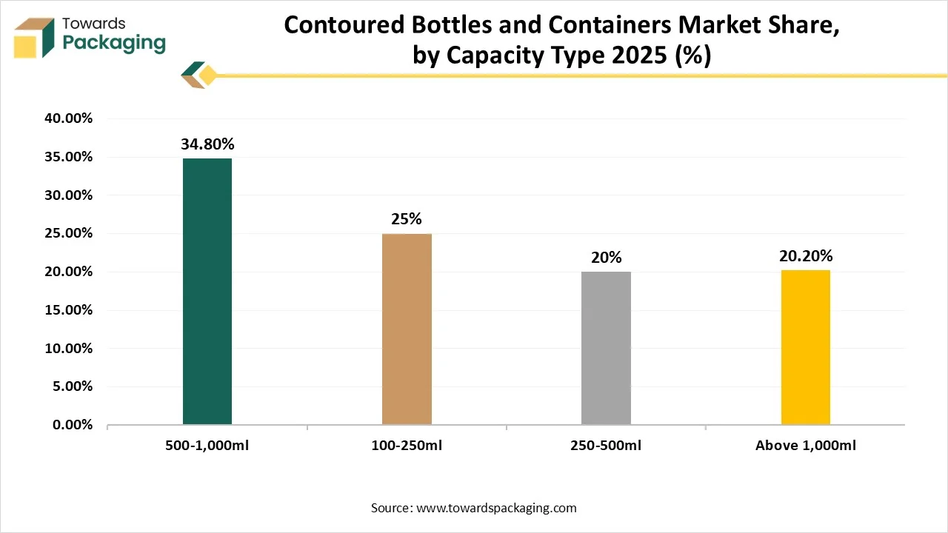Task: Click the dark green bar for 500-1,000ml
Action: (x=207, y=292)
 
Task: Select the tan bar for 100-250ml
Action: (x=407, y=329)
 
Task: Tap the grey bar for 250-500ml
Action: (x=606, y=348)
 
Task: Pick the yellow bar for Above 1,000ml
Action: (x=805, y=347)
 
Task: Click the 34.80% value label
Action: (x=207, y=144)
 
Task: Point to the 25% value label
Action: (x=407, y=219)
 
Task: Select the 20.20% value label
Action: (x=806, y=256)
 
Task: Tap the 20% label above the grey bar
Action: (x=606, y=258)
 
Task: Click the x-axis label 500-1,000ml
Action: (x=207, y=446)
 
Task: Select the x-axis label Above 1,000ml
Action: (x=806, y=446)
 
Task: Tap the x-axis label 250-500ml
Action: (x=606, y=446)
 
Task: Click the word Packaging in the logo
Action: (x=114, y=43)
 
